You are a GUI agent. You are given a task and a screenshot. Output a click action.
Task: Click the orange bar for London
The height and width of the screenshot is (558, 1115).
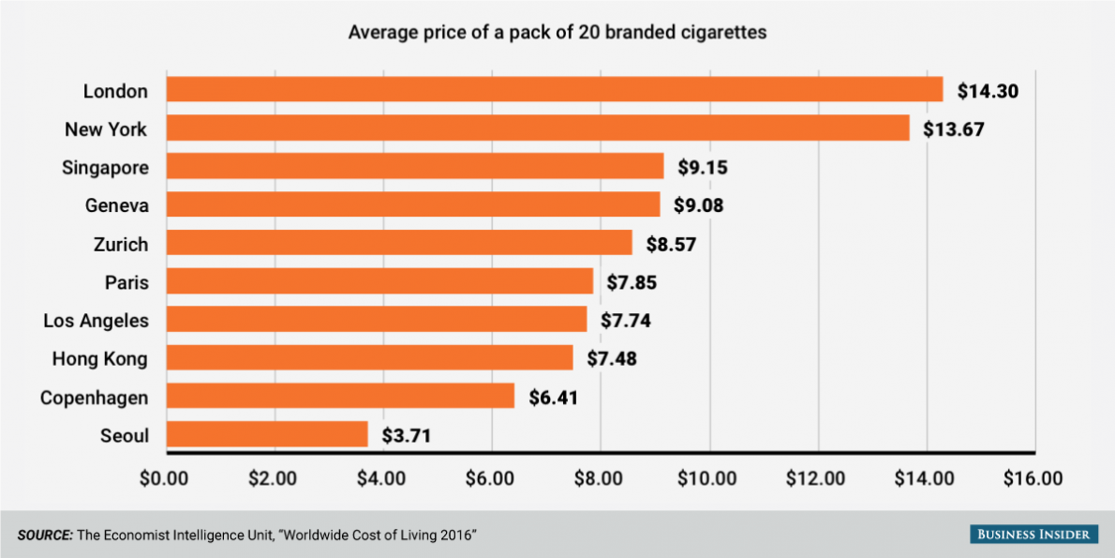click(x=554, y=90)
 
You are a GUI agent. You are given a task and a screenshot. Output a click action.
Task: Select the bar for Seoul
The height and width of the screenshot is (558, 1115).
click(x=267, y=434)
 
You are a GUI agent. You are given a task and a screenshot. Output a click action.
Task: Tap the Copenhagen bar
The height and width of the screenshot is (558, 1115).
click(x=340, y=396)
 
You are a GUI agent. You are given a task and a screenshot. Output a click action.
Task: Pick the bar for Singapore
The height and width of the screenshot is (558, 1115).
click(x=414, y=167)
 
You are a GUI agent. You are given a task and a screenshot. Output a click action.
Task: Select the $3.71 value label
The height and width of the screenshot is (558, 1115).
click(x=411, y=435)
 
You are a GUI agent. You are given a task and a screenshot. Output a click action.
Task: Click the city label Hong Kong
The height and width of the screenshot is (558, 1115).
click(x=99, y=358)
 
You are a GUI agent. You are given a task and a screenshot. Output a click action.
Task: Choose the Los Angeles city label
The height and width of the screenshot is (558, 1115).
click(x=96, y=321)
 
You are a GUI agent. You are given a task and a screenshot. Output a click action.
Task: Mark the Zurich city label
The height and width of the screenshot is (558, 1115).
click(x=121, y=244)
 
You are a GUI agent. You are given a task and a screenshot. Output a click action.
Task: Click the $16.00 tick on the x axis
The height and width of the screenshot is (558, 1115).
click(x=1033, y=478)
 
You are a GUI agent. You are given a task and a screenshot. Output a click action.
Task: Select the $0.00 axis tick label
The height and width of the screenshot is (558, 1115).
click(x=165, y=478)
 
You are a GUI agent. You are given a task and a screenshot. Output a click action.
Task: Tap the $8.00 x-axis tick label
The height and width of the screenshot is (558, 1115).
click(x=599, y=478)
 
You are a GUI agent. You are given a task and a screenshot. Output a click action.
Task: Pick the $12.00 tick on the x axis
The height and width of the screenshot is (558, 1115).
click(x=816, y=478)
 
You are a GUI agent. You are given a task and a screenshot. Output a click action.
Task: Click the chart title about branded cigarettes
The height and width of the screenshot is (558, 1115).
click(x=557, y=33)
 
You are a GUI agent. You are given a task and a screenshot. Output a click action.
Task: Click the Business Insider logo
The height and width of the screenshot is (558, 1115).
click(x=1033, y=534)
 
